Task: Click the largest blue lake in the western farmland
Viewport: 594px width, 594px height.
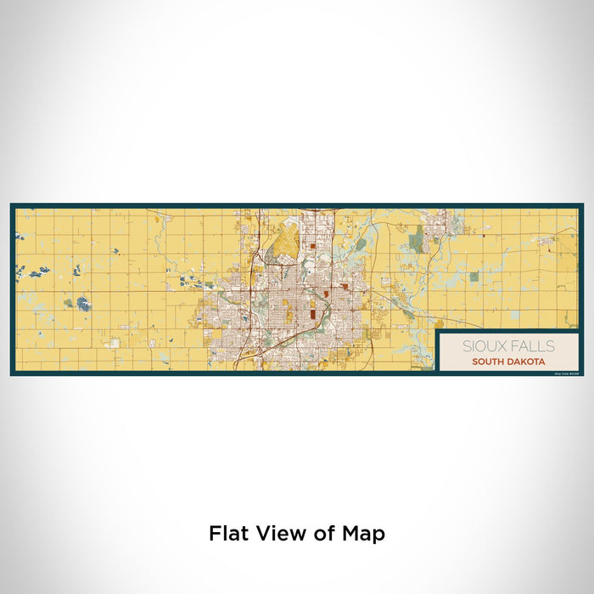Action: click(82, 303)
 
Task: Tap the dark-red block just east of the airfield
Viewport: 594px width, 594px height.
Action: click(313, 248)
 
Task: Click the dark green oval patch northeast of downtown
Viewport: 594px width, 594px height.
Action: click(361, 244)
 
